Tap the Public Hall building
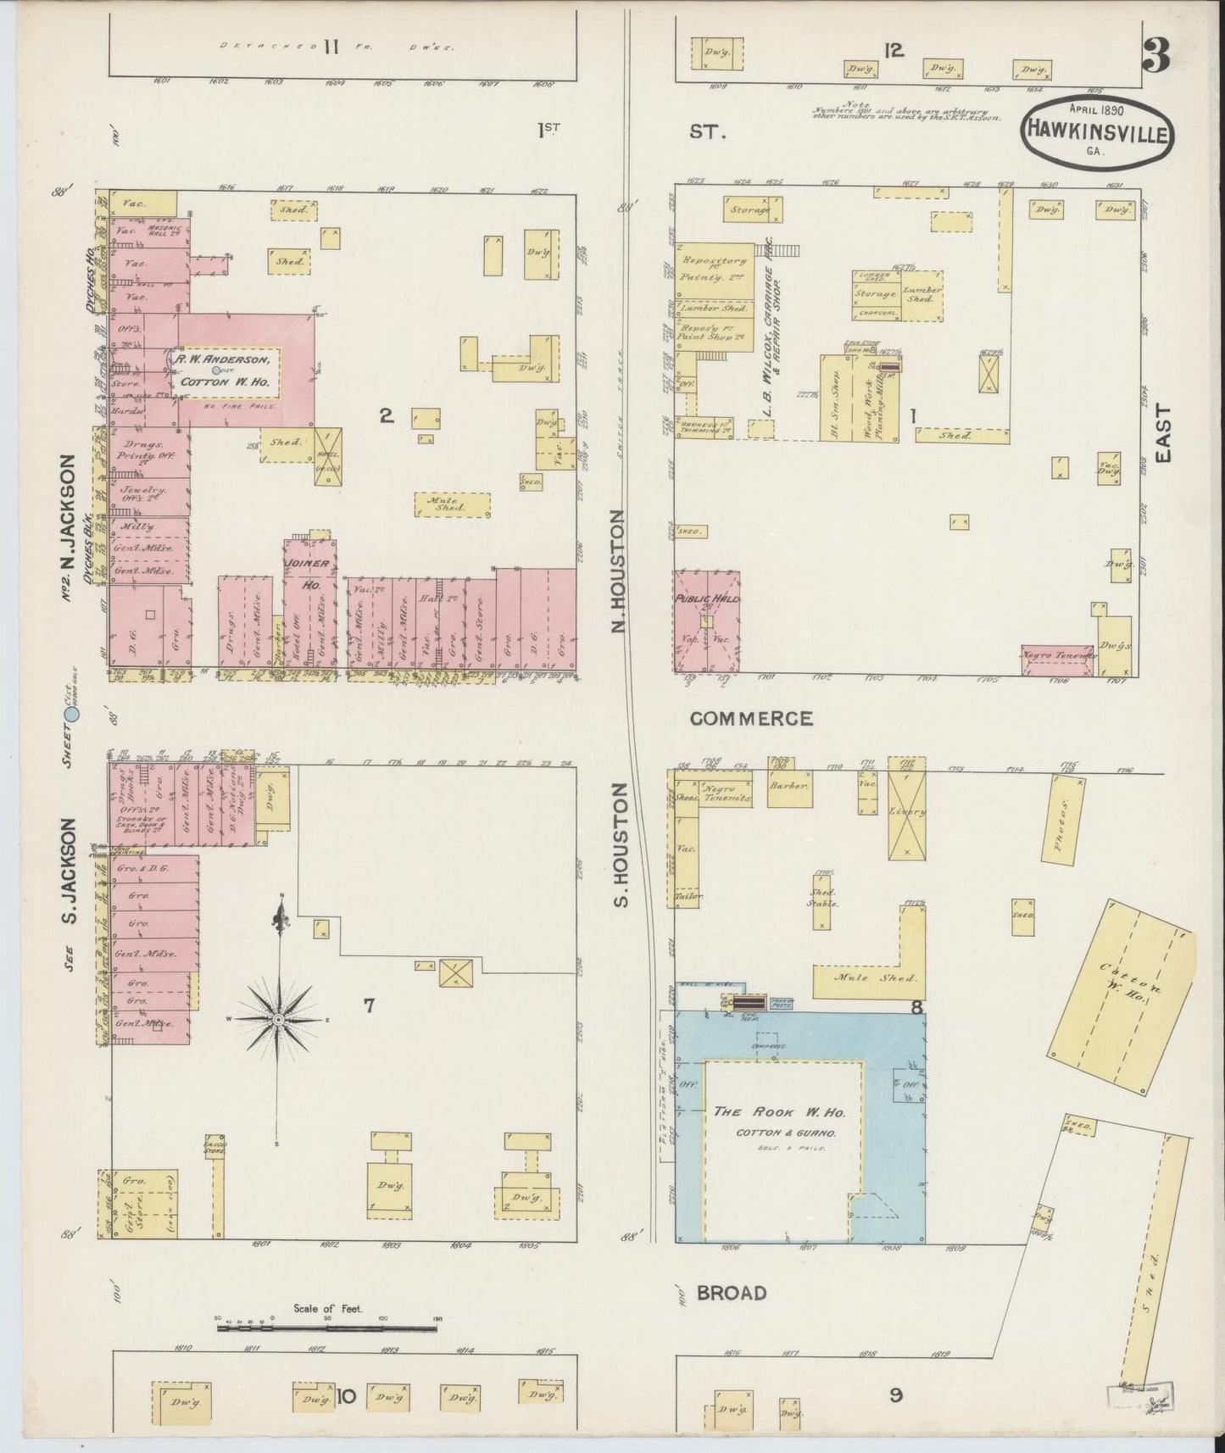[x=707, y=621]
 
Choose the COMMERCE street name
[x=750, y=719]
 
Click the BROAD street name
[x=731, y=1293]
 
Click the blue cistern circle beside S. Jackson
[x=73, y=715]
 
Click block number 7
[x=369, y=1006]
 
